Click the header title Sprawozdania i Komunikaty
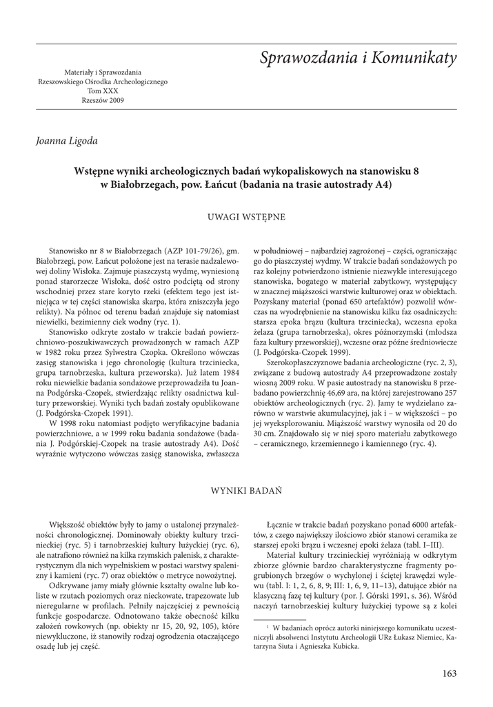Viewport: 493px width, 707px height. pyautogui.click(x=359, y=59)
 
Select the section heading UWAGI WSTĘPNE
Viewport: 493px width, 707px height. pyautogui.click(x=246, y=217)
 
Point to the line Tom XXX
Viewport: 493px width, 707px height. pyautogui.click(x=102, y=91)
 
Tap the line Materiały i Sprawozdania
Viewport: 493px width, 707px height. pyautogui.click(x=102, y=72)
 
